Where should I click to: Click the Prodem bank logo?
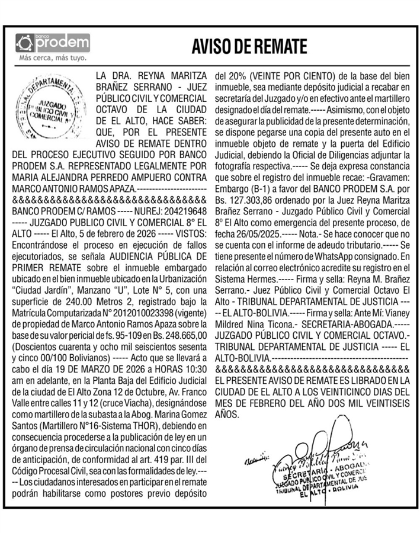[53, 43]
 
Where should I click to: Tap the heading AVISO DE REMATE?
[249, 47]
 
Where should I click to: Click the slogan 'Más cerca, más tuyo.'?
[53, 59]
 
